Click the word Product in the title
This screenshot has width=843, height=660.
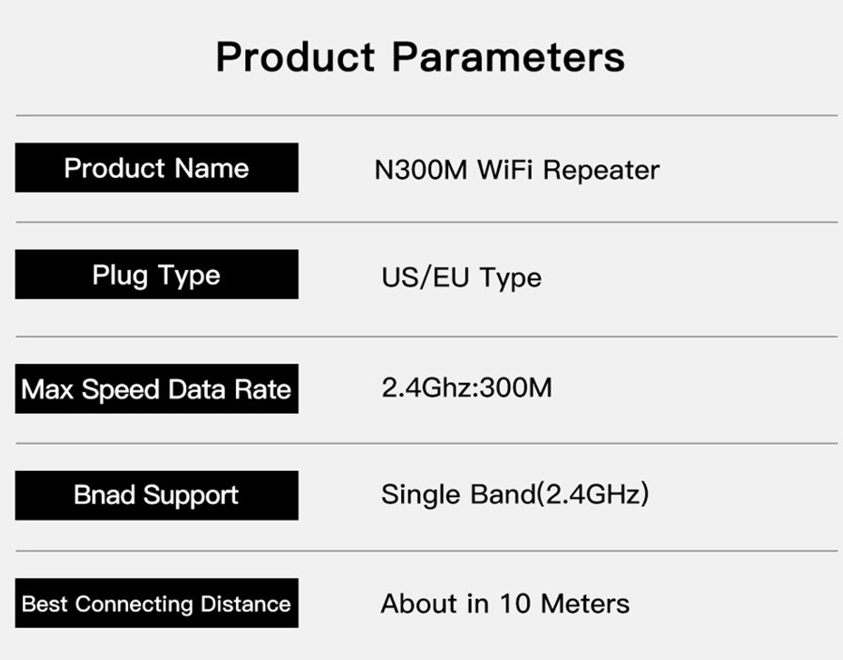coord(295,57)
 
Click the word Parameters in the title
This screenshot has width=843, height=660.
coord(508,57)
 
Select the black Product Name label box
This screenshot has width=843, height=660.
coord(157,167)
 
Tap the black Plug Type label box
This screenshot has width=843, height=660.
coord(157,274)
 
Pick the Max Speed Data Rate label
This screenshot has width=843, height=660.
coord(157,389)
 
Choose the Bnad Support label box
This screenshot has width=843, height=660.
coord(157,496)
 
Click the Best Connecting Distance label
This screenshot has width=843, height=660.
coord(157,603)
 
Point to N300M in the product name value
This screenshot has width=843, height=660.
coord(421,170)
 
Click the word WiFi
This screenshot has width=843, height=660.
coord(505,169)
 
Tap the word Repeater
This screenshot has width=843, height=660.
coord(601,171)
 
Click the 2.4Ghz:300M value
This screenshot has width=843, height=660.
coord(466,388)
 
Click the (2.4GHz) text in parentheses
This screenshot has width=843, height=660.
coord(592,494)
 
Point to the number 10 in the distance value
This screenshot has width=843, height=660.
coord(515,603)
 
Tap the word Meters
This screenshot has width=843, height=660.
coord(585,604)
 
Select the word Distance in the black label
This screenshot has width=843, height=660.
coord(246,604)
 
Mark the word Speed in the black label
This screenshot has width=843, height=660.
coord(121,389)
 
